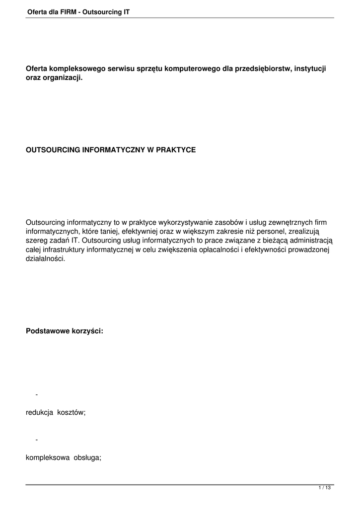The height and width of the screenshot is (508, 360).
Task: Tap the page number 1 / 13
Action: (x=324, y=489)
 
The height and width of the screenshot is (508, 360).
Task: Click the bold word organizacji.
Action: (x=63, y=79)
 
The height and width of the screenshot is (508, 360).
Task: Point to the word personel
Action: (x=261, y=231)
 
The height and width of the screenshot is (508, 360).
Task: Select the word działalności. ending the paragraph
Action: (x=45, y=259)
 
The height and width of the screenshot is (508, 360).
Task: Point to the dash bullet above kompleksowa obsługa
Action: (x=37, y=440)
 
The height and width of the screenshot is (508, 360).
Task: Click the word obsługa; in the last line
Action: (x=87, y=458)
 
